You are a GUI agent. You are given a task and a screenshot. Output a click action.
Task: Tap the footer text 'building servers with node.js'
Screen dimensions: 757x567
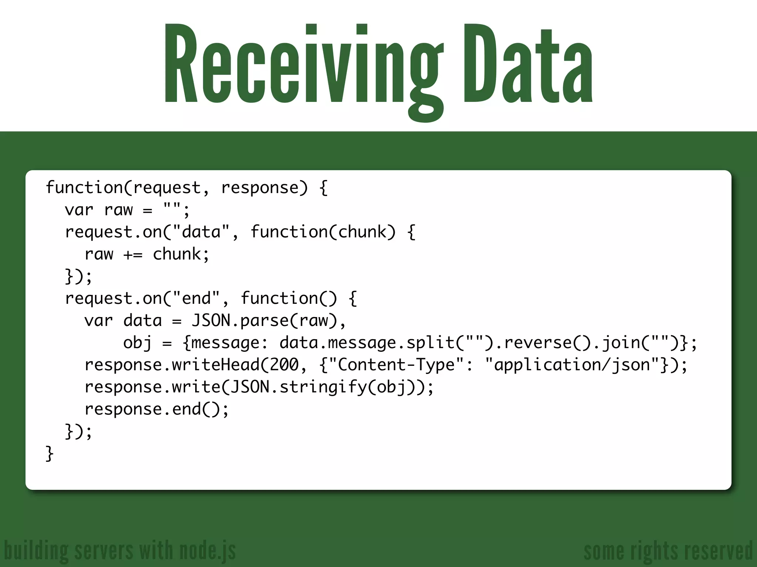click(120, 551)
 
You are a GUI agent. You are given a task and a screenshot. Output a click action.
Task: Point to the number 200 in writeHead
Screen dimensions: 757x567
click(284, 365)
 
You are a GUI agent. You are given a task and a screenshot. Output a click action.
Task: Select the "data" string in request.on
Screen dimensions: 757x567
click(201, 232)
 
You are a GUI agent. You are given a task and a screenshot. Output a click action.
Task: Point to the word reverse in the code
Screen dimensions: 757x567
click(538, 343)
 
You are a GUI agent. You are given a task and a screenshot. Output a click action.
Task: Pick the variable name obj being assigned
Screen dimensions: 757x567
click(137, 343)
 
